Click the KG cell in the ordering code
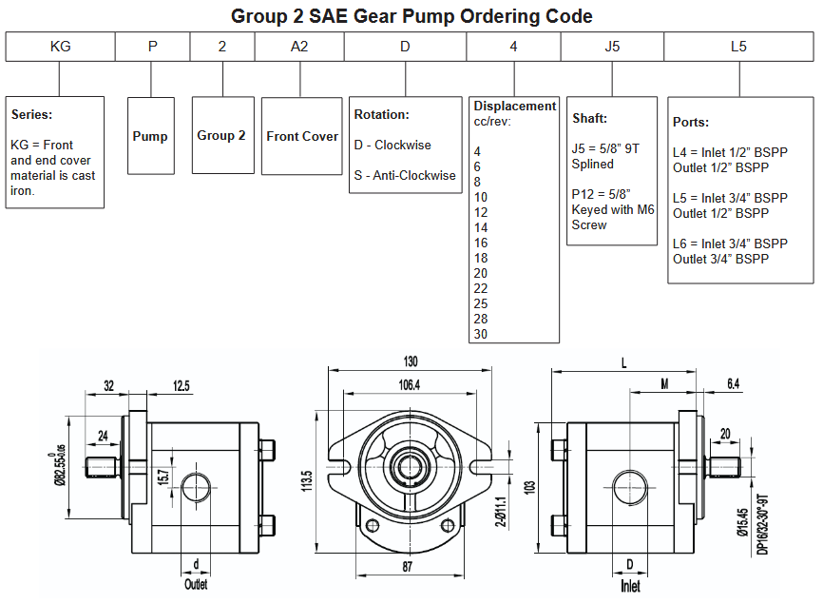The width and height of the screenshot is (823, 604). click(60, 46)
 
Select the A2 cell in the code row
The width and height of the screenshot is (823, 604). click(299, 46)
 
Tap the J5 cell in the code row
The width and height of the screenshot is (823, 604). click(612, 46)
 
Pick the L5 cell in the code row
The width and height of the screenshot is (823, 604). click(738, 46)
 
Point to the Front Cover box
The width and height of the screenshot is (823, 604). click(301, 136)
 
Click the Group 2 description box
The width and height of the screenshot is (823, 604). click(221, 135)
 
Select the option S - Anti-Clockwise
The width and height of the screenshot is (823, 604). click(405, 175)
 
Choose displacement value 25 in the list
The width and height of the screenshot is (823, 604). click(481, 303)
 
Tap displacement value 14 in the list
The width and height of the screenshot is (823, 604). click(481, 227)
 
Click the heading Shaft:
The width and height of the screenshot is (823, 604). click(589, 119)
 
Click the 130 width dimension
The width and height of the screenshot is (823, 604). click(411, 361)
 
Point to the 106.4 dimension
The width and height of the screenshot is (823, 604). click(411, 384)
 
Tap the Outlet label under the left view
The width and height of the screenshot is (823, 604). click(196, 584)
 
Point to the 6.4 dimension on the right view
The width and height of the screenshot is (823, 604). click(732, 384)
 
